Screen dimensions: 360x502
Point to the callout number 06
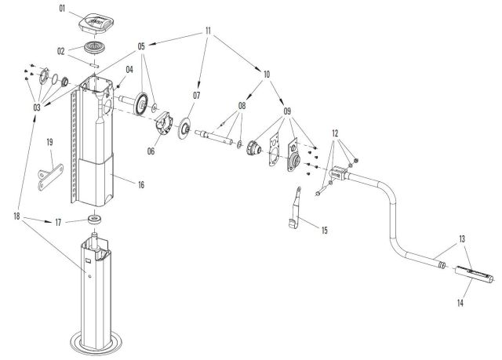(150, 151)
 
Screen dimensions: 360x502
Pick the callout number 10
(267, 75)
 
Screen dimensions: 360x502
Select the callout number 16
(141, 185)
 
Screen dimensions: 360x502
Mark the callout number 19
(49, 142)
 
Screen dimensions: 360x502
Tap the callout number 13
(462, 238)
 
